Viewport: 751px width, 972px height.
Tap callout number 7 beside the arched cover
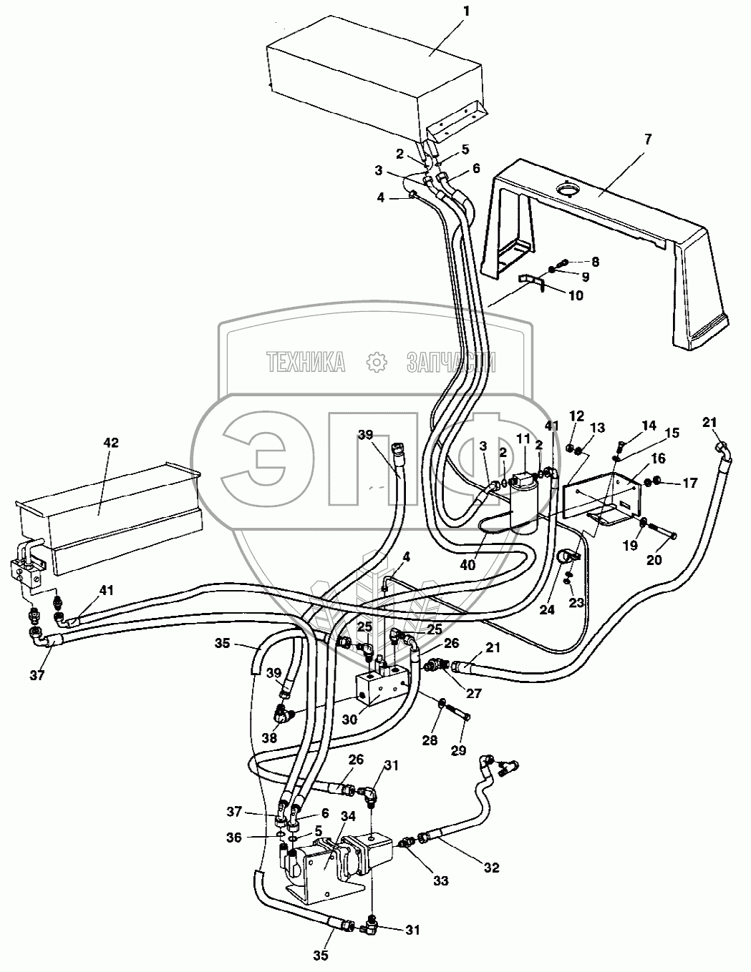649,139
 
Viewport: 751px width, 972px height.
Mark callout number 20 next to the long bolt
654,560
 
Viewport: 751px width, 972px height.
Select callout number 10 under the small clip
576,295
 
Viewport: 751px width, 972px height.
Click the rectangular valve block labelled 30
383,684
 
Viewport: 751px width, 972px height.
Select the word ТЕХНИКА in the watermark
306,363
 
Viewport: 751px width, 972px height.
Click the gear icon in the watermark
375,363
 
